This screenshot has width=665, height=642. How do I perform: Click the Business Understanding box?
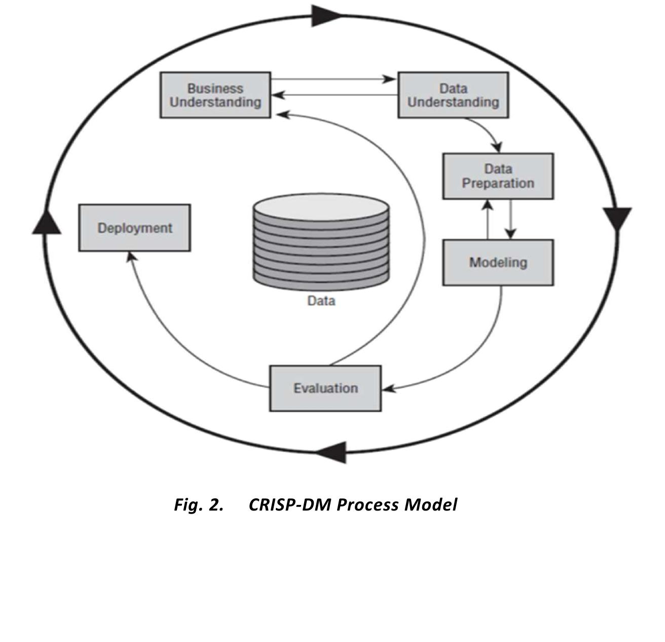coord(215,95)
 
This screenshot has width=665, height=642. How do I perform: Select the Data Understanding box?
coord(453,95)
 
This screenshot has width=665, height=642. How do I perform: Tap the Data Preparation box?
coord(498,176)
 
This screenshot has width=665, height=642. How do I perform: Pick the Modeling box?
coord(498,262)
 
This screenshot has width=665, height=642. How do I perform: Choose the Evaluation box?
coord(325,388)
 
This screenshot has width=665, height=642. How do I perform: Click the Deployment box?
coord(135,228)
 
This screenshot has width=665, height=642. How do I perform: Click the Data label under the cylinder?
coord(321,301)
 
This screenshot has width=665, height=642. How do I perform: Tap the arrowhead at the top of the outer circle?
coord(325,15)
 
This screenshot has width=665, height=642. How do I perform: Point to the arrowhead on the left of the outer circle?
coord(47,223)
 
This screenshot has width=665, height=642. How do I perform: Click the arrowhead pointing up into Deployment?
coord(131,257)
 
